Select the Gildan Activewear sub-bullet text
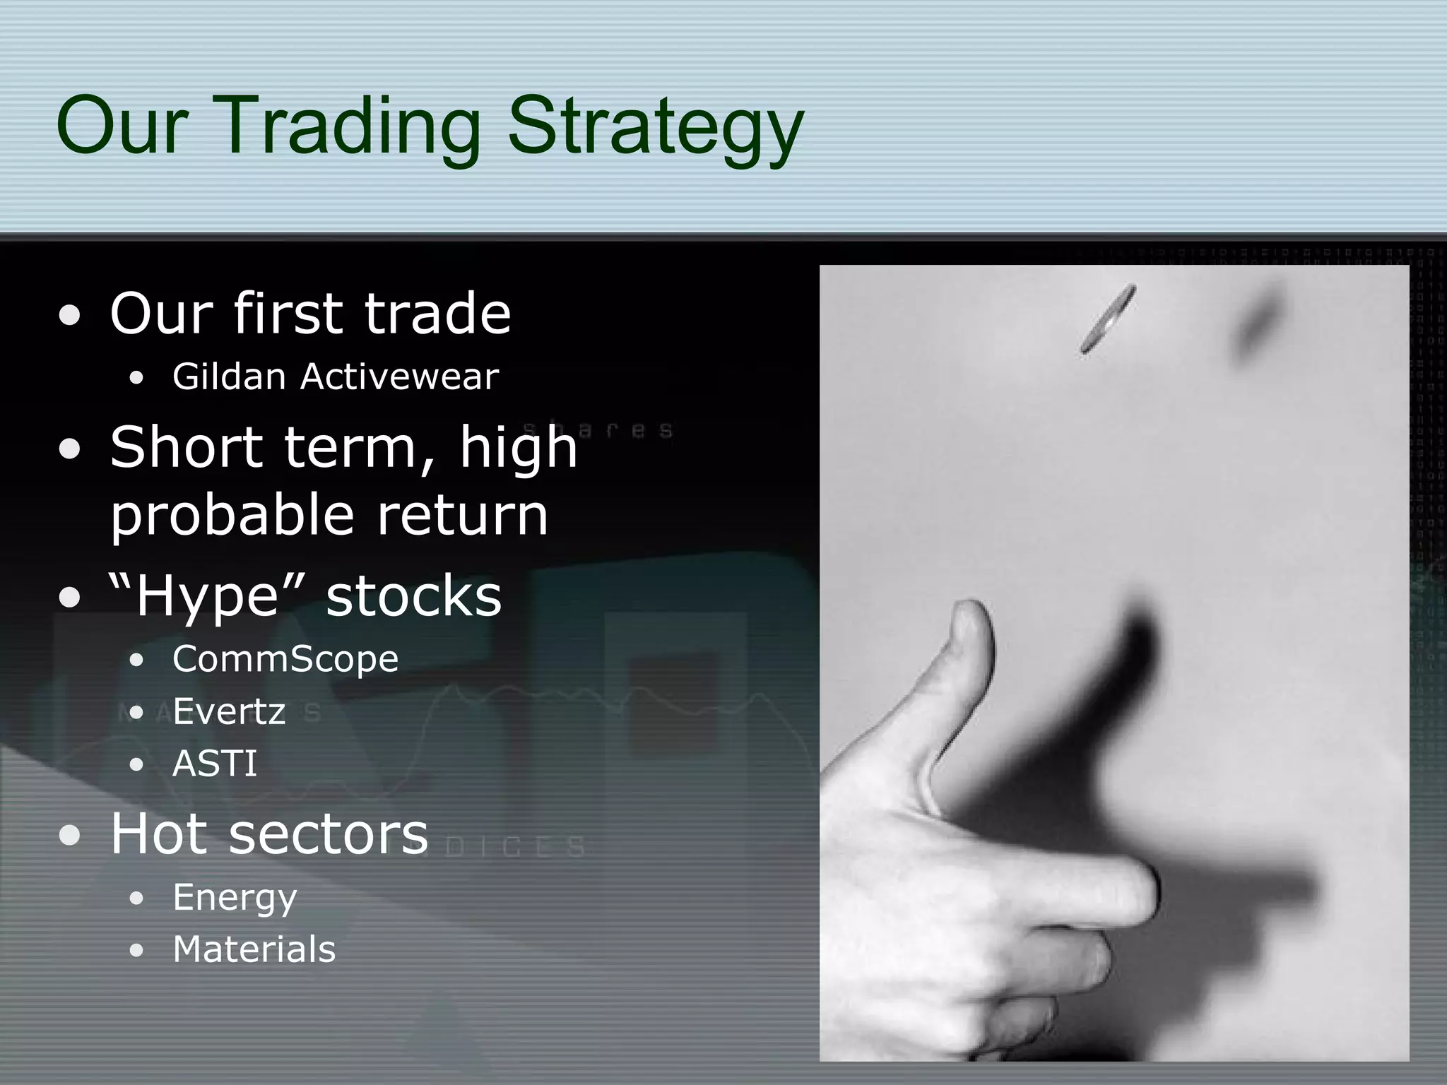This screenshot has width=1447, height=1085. [335, 377]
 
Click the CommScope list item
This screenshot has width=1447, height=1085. [285, 659]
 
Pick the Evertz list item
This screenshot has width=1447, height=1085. [229, 711]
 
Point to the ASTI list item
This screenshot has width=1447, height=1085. [215, 764]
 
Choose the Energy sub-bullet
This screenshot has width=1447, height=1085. [235, 898]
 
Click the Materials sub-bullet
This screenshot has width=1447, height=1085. [254, 949]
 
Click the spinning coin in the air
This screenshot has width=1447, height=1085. [1108, 319]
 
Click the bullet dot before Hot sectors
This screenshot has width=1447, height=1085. [70, 836]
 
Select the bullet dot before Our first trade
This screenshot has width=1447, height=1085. [70, 316]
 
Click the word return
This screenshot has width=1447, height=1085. [462, 516]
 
